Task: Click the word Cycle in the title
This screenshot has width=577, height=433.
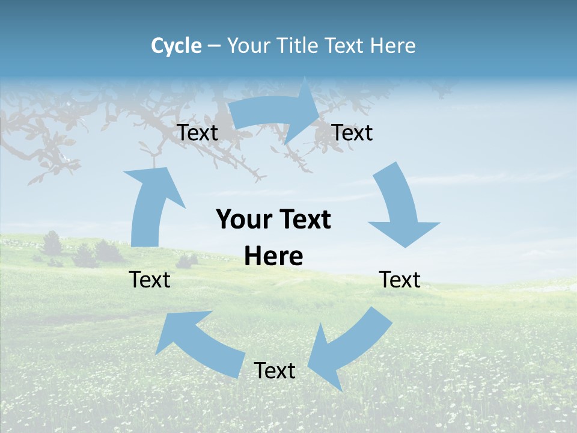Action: point(176,46)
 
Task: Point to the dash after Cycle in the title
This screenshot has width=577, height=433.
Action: point(214,46)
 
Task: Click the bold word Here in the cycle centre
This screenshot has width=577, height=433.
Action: point(273,256)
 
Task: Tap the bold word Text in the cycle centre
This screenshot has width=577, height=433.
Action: point(303,220)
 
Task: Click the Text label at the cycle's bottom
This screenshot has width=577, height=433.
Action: point(275,370)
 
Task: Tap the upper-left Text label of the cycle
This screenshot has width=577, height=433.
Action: point(198,132)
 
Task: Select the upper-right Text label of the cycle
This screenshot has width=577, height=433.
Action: point(352,132)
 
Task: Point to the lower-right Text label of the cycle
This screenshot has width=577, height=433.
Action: point(400,280)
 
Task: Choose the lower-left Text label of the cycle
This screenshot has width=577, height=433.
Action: point(150,280)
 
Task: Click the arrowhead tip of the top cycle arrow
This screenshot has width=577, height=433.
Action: point(319,108)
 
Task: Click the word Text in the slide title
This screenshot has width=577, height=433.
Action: point(344,46)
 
